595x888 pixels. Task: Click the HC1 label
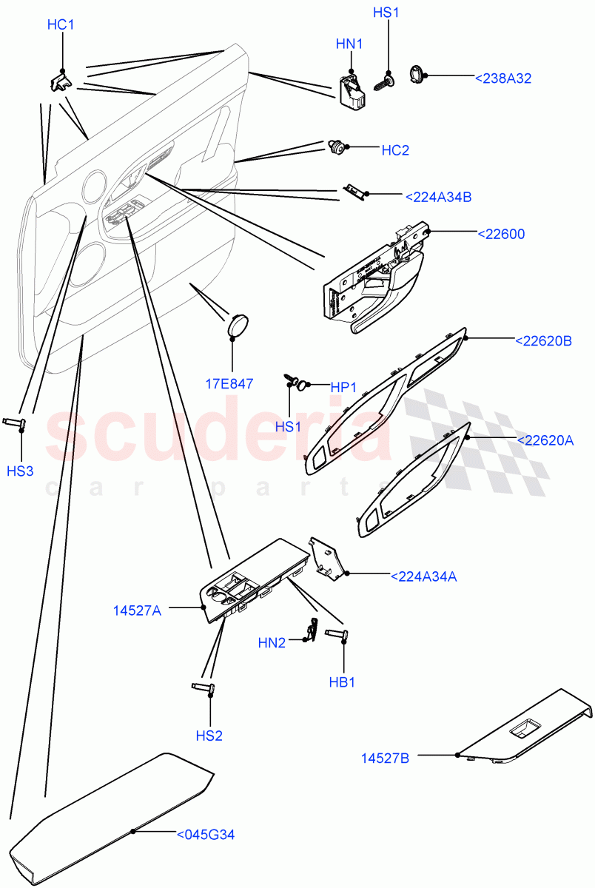61,25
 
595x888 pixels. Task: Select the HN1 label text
349,44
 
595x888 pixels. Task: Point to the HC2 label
395,150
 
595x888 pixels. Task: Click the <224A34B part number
438,197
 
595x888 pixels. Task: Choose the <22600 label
501,235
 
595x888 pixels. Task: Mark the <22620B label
543,341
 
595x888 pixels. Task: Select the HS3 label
20,471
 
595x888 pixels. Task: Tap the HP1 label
344,387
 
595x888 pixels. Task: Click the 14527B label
385,758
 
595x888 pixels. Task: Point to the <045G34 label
206,835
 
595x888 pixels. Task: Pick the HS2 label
209,736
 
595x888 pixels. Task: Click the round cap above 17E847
237,325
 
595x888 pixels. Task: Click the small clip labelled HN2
312,630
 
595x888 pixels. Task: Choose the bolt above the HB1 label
337,633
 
